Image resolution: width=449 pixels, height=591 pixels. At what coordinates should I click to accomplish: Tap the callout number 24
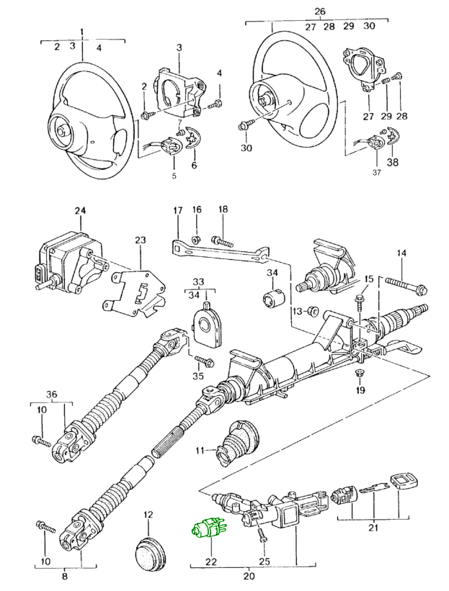80,210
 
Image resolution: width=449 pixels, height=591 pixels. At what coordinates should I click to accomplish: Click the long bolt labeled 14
407,287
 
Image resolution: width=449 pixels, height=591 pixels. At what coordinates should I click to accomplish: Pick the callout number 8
64,576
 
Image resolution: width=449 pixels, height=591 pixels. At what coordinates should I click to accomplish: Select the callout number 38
393,163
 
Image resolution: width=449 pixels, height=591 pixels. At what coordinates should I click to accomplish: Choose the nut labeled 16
195,238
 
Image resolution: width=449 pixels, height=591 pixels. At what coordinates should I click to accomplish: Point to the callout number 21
373,530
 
